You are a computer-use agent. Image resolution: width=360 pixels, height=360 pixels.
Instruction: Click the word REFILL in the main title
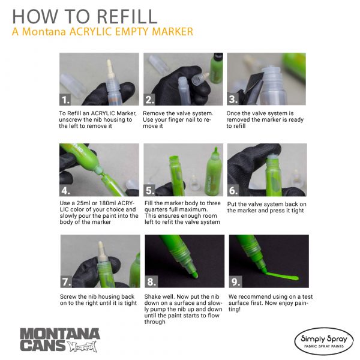coord(127,17)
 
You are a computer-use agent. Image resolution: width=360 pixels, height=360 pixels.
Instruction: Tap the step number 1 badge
coord(65,100)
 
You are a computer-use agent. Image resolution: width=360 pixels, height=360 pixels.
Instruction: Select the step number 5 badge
coord(149,190)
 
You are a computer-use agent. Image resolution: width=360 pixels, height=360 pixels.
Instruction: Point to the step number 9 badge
coord(235,281)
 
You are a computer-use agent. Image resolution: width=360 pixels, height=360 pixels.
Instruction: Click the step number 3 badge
coord(233,99)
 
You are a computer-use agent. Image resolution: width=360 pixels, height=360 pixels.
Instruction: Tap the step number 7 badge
coord(67,282)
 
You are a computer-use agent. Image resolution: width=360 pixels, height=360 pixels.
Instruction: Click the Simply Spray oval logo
coord(324,341)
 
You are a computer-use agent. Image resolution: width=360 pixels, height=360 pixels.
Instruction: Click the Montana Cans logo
coord(60,340)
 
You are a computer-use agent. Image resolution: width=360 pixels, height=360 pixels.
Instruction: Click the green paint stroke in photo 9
coord(281,276)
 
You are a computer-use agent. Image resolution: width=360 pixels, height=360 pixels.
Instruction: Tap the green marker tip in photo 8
coord(194,275)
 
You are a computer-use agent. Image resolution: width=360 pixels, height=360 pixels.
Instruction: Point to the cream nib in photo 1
coord(110,69)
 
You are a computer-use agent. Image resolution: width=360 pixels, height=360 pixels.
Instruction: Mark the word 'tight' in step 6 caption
coord(298,211)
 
